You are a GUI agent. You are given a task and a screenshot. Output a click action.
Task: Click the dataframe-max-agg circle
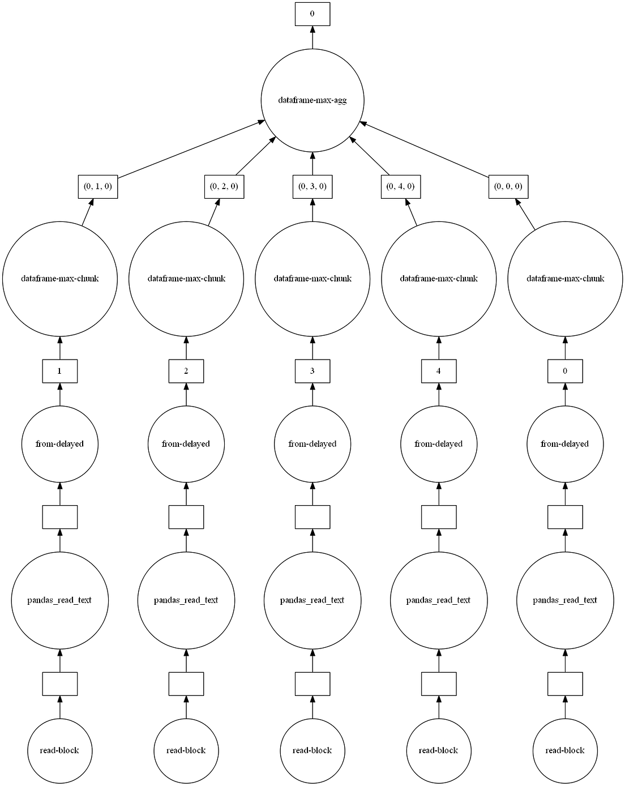point(312,101)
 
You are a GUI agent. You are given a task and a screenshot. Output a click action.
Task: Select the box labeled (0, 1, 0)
point(97,187)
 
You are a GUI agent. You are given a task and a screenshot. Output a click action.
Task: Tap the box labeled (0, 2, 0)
point(224,187)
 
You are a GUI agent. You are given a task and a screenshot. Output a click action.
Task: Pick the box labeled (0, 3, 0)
point(312,187)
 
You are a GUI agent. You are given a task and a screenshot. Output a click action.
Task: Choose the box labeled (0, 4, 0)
point(401,187)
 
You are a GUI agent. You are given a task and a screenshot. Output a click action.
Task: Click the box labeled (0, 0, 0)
point(508,187)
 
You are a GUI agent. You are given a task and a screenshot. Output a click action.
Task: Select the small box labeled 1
point(60,371)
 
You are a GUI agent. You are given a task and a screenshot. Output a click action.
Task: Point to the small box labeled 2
point(186,371)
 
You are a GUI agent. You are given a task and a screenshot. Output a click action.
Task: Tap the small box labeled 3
point(312,371)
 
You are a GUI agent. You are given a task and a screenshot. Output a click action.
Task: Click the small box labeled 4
point(439,371)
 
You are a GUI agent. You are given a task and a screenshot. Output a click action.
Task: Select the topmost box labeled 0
point(312,14)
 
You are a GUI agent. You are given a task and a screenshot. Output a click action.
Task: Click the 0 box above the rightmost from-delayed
point(565,371)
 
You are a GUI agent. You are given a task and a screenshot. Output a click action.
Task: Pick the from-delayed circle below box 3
point(312,444)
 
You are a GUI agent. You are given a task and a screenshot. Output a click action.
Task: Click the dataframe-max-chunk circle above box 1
point(60,279)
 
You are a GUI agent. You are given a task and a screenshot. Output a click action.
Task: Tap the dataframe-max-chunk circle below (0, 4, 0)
point(439,279)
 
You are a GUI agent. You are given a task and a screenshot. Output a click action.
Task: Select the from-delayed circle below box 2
point(186,444)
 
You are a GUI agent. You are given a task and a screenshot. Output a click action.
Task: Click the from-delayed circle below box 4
point(439,444)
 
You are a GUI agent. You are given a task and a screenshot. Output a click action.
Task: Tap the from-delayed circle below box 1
point(60,444)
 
